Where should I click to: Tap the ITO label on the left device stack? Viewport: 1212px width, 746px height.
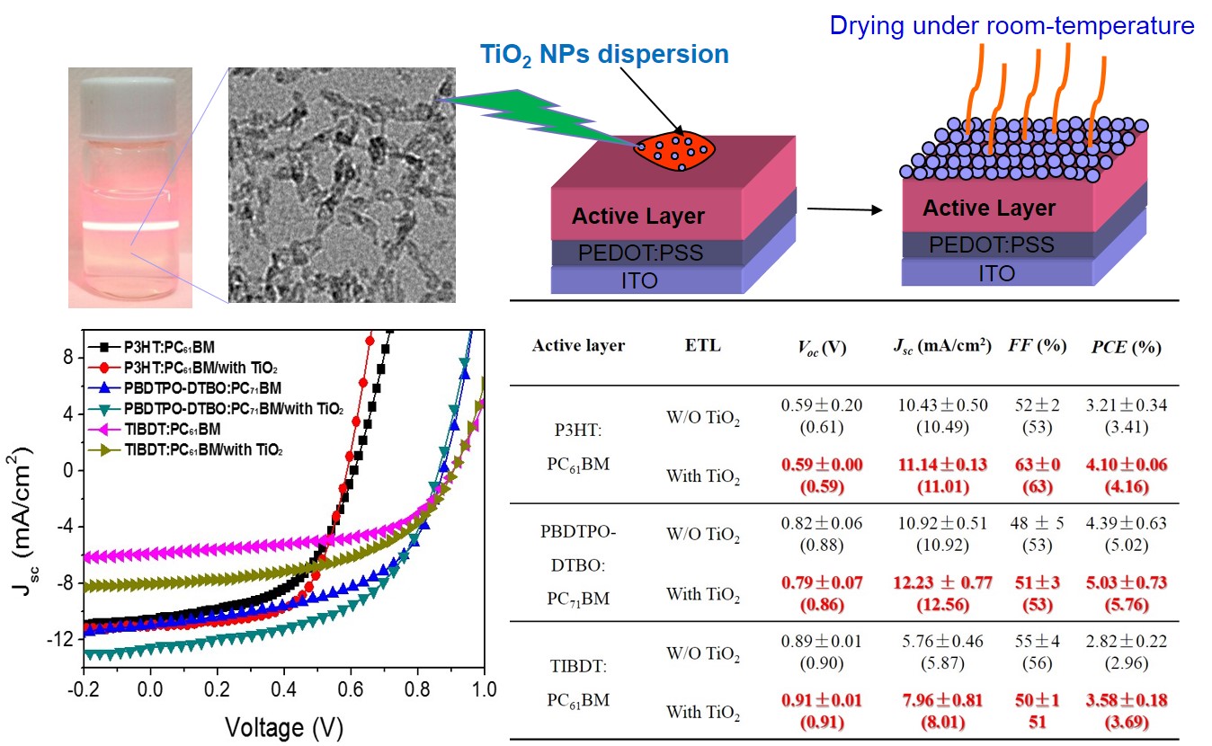(x=639, y=280)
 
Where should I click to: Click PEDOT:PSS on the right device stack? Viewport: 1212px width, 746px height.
(x=992, y=244)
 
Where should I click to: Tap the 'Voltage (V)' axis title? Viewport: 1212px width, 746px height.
(x=283, y=724)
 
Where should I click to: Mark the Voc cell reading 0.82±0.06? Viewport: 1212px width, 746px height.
(x=822, y=521)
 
